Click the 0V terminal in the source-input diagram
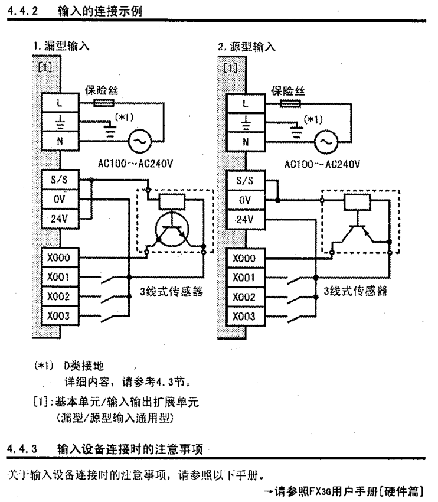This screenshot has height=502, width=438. (x=244, y=200)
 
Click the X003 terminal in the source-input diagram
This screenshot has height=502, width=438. (x=244, y=316)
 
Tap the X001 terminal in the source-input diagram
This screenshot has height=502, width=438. (x=244, y=278)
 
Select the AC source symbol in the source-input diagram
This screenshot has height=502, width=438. (x=324, y=141)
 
